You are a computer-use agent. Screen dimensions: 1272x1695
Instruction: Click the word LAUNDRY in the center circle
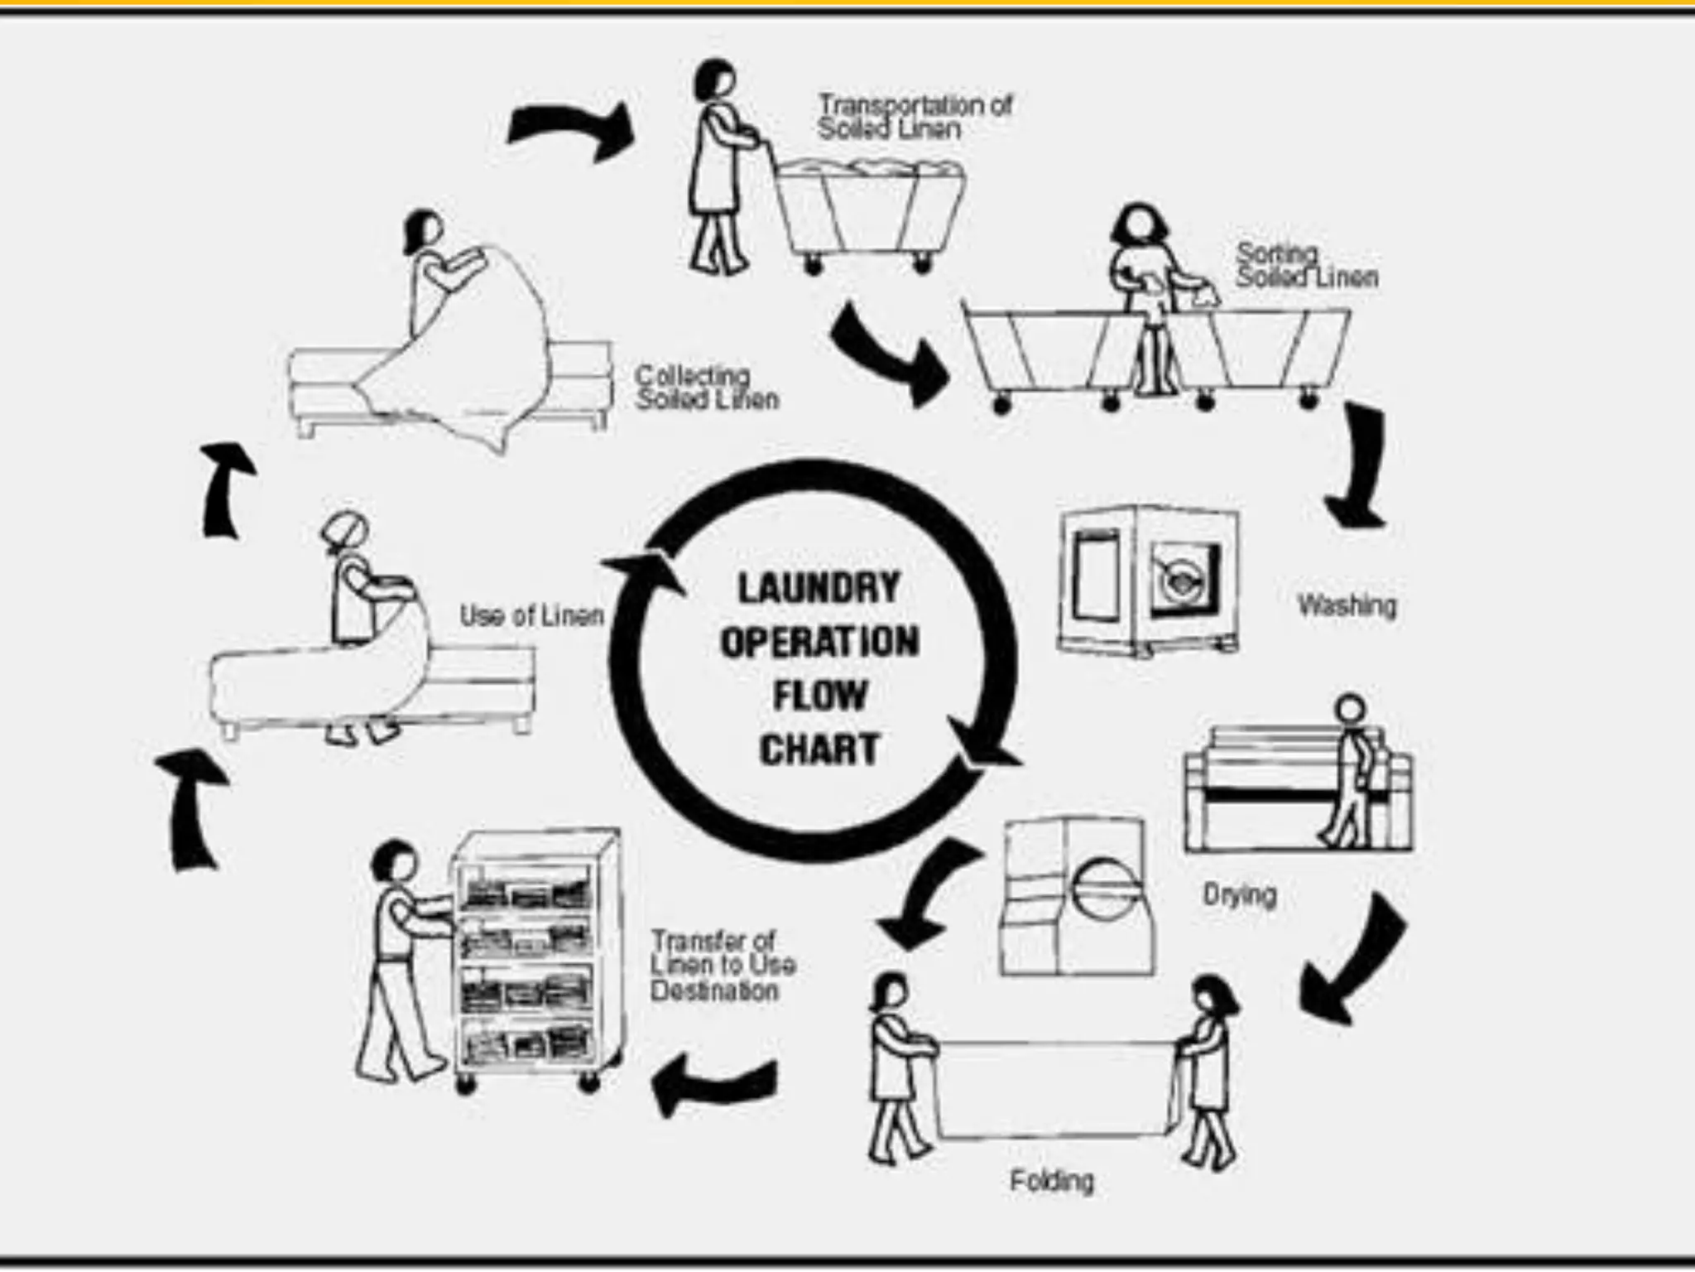point(818,588)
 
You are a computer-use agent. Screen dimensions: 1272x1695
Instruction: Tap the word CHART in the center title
point(818,749)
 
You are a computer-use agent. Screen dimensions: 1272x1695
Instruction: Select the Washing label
point(1347,605)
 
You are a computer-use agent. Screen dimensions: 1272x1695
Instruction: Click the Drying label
point(1239,895)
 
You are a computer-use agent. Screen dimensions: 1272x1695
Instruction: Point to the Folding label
point(1051,1180)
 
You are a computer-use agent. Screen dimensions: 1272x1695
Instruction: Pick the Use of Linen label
point(531,615)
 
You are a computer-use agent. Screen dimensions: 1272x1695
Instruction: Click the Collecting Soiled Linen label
point(706,388)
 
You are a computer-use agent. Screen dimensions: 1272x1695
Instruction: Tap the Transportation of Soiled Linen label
point(914,117)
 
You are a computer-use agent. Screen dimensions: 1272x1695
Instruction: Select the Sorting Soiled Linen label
point(1306,265)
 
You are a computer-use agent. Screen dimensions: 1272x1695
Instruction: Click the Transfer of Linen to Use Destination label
point(722,966)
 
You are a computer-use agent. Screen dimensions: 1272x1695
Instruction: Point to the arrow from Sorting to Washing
point(1357,468)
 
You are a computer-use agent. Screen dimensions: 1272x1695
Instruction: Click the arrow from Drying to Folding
point(1349,961)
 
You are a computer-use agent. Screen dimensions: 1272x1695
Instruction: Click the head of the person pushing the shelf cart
point(395,863)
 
